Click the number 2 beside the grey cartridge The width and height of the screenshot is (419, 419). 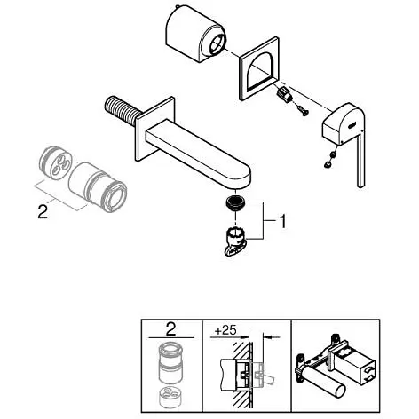point(41,212)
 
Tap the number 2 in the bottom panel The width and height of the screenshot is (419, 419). point(171,331)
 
